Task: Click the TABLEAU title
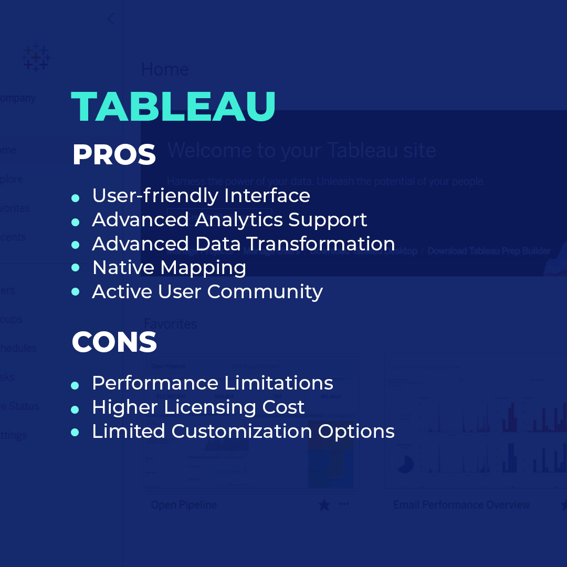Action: [x=173, y=107]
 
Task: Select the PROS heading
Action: [x=114, y=155]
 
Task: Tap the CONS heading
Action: [x=114, y=342]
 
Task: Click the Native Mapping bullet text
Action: [x=169, y=268]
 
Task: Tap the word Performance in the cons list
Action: [x=155, y=383]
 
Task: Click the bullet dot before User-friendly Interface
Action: [x=75, y=198]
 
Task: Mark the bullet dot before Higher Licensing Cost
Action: [x=75, y=409]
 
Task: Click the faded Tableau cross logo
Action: [x=36, y=57]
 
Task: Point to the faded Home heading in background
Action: [x=165, y=69]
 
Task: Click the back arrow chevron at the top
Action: [x=110, y=19]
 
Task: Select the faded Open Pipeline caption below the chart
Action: [x=184, y=505]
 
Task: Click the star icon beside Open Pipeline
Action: [x=324, y=505]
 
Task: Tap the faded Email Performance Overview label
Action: [x=461, y=505]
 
